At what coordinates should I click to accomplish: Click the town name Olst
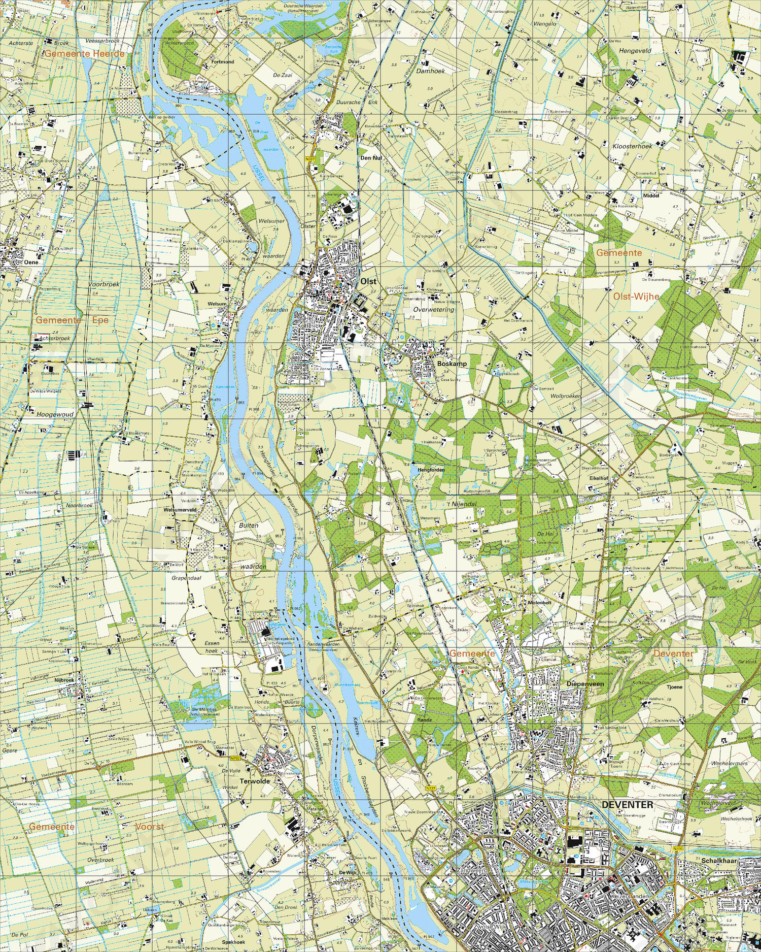(368, 281)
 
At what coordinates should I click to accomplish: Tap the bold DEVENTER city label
(627, 805)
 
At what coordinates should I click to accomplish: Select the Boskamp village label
(452, 364)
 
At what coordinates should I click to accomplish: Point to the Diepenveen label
(585, 684)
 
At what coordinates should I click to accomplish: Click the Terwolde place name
(255, 781)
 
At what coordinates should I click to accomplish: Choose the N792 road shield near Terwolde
(235, 759)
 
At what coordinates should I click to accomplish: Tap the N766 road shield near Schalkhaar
(678, 848)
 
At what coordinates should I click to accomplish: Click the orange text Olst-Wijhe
(636, 297)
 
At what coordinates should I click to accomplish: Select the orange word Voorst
(150, 827)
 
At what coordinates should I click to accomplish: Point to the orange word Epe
(100, 320)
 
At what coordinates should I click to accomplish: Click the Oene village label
(31, 262)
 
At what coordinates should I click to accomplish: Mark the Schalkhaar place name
(719, 861)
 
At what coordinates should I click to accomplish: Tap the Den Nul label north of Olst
(371, 158)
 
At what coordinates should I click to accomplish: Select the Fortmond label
(223, 62)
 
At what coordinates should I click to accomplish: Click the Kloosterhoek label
(632, 146)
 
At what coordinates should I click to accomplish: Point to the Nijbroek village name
(64, 680)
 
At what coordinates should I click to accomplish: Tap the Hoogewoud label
(55, 414)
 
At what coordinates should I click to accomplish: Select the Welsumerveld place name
(180, 509)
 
